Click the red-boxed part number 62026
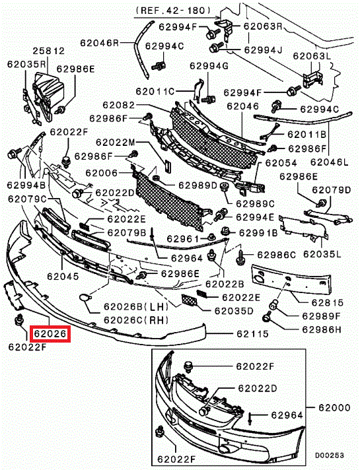[50, 333]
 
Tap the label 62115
[252, 333]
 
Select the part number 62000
[334, 408]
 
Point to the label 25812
[49, 51]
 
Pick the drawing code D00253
[330, 455]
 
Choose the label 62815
[327, 302]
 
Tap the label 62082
[119, 105]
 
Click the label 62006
[102, 173]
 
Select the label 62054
[281, 163]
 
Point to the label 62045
[63, 276]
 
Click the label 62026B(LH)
[136, 306]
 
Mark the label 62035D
[234, 310]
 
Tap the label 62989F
[322, 316]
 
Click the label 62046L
[330, 162]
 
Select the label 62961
[183, 238]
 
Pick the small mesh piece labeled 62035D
[190, 300]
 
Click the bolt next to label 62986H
[267, 317]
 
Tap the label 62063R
[263, 26]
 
